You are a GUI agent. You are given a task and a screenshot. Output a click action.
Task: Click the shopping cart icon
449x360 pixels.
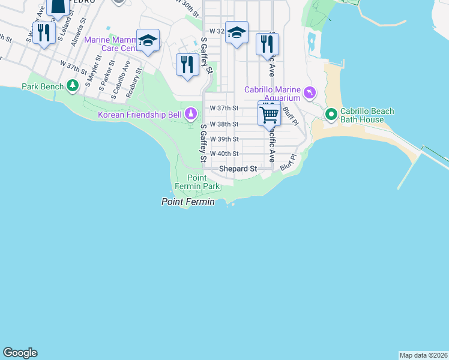(x=270, y=114)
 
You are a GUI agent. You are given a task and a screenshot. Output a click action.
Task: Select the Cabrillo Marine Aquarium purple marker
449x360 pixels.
(x=309, y=92)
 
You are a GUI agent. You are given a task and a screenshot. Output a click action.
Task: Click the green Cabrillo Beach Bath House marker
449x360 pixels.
(x=330, y=113)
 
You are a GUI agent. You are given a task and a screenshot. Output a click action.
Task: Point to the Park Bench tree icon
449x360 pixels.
(x=73, y=86)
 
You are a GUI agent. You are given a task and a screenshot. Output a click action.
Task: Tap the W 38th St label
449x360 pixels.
(x=224, y=124)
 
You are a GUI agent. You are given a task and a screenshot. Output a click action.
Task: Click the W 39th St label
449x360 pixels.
(x=224, y=139)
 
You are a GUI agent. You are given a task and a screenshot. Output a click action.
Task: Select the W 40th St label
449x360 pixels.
(x=224, y=154)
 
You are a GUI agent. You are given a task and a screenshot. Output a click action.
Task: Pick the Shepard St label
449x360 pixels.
(x=238, y=169)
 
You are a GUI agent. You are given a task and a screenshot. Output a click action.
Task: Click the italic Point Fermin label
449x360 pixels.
(x=188, y=202)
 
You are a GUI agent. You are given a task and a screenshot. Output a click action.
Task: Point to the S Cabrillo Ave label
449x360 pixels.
(x=119, y=79)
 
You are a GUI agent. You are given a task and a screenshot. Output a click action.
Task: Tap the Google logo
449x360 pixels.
(x=20, y=353)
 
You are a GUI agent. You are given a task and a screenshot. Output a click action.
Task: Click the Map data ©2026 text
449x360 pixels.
(x=423, y=355)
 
